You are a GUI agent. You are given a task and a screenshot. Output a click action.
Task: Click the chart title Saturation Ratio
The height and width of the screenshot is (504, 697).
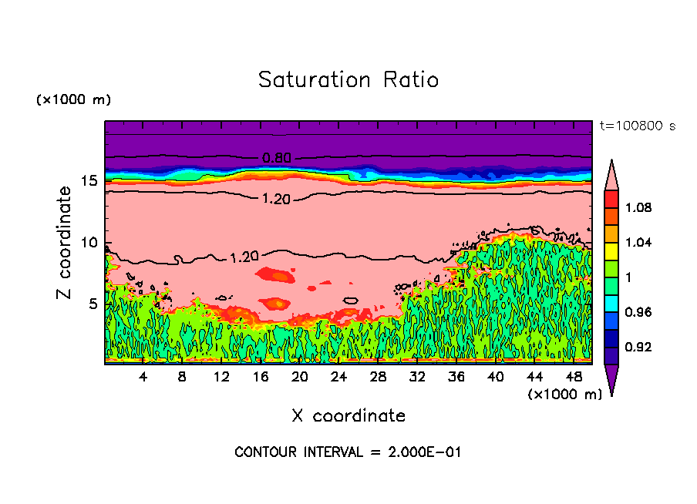coord(348,80)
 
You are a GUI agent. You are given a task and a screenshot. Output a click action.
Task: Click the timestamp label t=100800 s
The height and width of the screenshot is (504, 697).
coord(637,126)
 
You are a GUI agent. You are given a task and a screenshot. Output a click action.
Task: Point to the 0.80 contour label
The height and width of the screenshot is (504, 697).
coord(277,158)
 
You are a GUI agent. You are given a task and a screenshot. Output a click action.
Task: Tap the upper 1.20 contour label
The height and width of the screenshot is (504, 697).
coord(276,199)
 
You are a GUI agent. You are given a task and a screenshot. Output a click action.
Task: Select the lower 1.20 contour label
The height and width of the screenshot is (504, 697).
coord(245,257)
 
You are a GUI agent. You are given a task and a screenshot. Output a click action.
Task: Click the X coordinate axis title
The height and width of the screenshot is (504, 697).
coord(348,416)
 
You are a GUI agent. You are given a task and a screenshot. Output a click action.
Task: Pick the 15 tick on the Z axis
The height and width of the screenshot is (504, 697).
coord(90,181)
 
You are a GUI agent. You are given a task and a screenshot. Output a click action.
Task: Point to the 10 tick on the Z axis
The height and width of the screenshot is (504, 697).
coord(90,243)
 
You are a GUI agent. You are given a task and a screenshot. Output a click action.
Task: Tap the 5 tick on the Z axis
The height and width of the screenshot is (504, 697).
coord(93,304)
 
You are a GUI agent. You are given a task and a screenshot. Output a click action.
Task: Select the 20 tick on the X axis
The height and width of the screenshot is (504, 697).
coord(300,378)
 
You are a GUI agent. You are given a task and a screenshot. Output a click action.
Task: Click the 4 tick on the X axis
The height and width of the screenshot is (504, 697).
coord(143,378)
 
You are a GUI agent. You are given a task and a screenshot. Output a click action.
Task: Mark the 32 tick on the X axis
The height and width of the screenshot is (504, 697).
coord(417,378)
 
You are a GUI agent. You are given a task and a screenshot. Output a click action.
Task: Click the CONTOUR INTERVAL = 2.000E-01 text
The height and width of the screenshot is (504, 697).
coord(348,452)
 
